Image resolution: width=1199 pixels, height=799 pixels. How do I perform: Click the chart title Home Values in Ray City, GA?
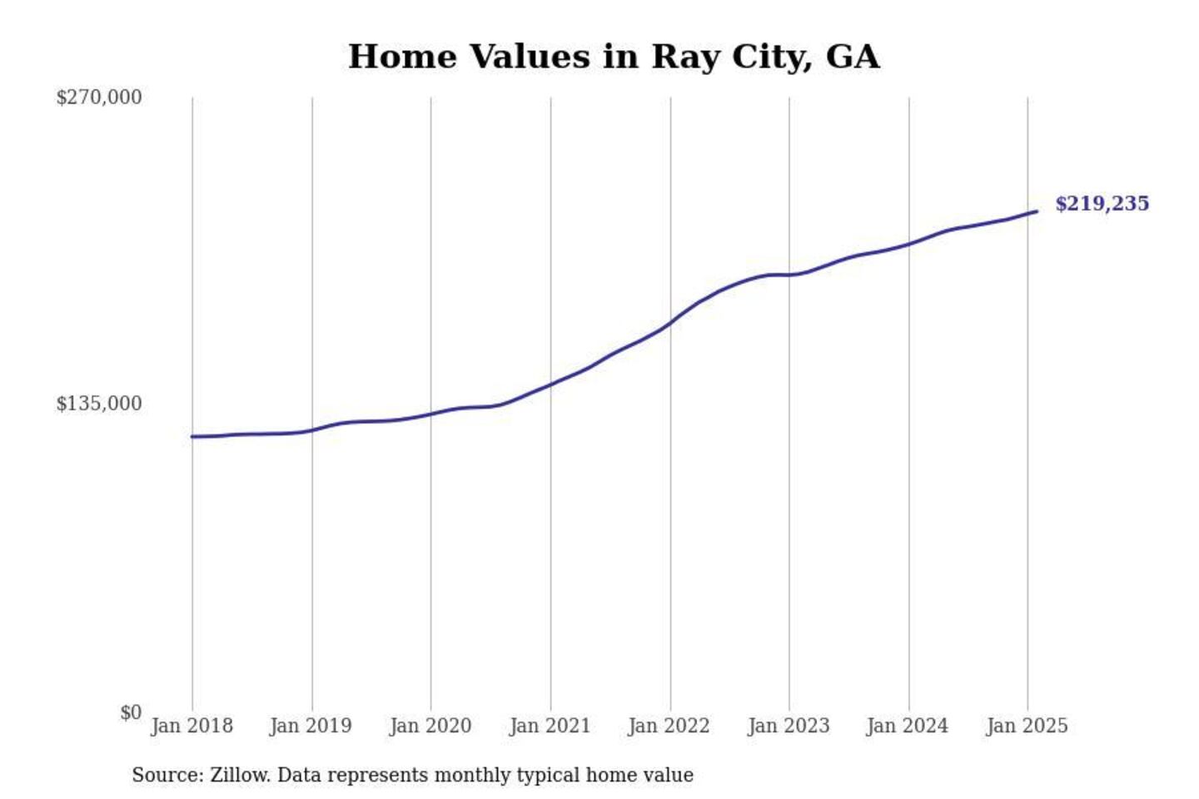pyautogui.click(x=614, y=57)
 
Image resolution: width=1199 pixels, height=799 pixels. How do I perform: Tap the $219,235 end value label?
pyautogui.click(x=1102, y=204)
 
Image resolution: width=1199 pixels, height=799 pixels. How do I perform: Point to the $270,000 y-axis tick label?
pyautogui.click(x=99, y=97)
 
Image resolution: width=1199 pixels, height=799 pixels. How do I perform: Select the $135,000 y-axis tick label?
pyautogui.click(x=99, y=404)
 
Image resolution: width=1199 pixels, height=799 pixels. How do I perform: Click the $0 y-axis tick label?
pyautogui.click(x=131, y=712)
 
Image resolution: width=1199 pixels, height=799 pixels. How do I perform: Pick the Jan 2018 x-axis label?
pyautogui.click(x=192, y=726)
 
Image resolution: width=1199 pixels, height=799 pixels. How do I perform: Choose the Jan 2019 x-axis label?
pyautogui.click(x=311, y=726)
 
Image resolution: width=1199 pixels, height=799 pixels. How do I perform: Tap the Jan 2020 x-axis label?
pyautogui.click(x=430, y=726)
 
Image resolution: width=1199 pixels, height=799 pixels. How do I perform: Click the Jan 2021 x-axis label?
pyautogui.click(x=550, y=726)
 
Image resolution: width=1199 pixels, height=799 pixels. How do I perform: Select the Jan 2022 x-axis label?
pyautogui.click(x=669, y=726)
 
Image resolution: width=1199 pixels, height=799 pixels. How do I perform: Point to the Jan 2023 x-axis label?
pyautogui.click(x=789, y=726)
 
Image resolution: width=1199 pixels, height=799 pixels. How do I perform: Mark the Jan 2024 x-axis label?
pyautogui.click(x=907, y=726)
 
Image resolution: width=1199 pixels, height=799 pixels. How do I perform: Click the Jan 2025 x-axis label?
pyautogui.click(x=1027, y=726)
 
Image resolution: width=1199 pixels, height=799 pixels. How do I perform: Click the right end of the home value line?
pyautogui.click(x=1037, y=211)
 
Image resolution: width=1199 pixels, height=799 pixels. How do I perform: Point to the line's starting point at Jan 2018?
pyautogui.click(x=192, y=436)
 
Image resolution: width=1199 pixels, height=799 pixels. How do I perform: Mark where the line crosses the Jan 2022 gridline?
pyautogui.click(x=670, y=323)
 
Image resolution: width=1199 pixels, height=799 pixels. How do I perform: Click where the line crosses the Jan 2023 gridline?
pyautogui.click(x=789, y=275)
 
